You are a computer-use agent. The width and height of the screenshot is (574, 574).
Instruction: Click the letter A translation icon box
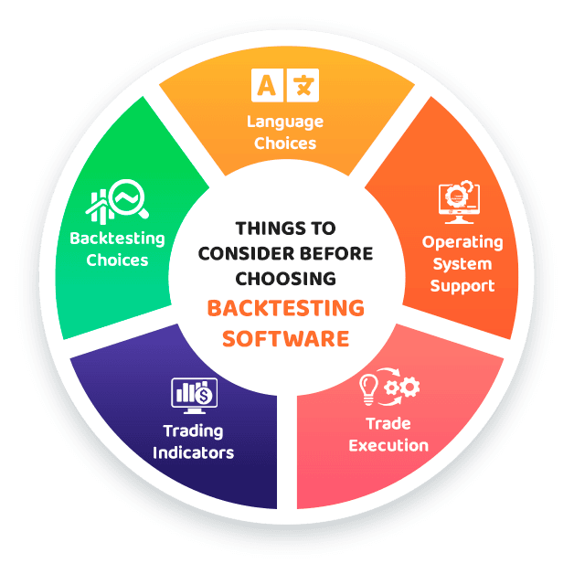pyautogui.click(x=267, y=85)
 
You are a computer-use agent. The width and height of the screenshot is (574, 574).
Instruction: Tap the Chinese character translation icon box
pyautogui.click(x=303, y=85)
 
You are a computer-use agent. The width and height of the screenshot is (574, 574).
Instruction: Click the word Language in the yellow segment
pyautogui.click(x=285, y=122)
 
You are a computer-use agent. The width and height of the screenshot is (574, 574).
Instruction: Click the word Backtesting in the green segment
pyautogui.click(x=117, y=239)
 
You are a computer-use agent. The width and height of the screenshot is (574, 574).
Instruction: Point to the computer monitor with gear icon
pyautogui.click(x=459, y=202)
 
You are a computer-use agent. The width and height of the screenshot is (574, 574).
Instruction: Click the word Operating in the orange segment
pyautogui.click(x=462, y=243)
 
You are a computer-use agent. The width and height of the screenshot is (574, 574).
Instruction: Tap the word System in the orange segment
pyautogui.click(x=462, y=264)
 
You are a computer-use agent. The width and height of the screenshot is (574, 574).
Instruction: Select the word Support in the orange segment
pyautogui.click(x=462, y=286)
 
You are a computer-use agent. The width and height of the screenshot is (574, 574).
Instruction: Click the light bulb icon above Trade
pyautogui.click(x=368, y=389)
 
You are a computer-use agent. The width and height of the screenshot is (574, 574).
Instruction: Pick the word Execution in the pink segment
pyautogui.click(x=388, y=445)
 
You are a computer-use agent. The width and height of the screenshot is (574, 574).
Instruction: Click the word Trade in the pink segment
pyautogui.click(x=388, y=423)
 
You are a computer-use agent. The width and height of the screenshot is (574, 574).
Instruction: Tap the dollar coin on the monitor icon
pyautogui.click(x=204, y=396)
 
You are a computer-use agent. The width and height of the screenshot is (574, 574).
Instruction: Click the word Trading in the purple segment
pyautogui.click(x=193, y=431)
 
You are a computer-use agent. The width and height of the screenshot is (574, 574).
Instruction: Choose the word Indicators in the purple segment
pyautogui.click(x=193, y=452)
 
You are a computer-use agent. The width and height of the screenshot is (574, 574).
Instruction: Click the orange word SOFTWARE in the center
pyautogui.click(x=285, y=338)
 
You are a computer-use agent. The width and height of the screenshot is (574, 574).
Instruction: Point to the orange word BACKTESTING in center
pyautogui.click(x=285, y=308)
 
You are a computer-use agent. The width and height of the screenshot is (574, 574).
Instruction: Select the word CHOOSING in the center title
pyautogui.click(x=285, y=279)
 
